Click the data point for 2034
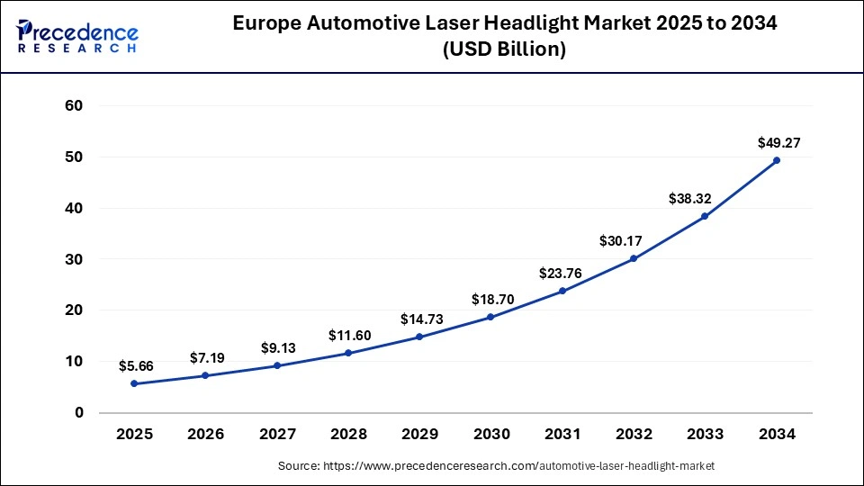pos(777,160)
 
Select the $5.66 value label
pos(135,366)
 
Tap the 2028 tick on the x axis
pos(348,435)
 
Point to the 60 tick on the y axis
pos(74,105)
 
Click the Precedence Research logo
pos(76,36)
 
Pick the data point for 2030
pos(490,317)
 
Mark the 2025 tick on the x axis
pos(135,435)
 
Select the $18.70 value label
pos(490,299)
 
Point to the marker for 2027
pos(277,365)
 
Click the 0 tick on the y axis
pos(79,413)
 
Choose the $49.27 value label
pos(777,142)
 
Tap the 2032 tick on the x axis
pos(634,435)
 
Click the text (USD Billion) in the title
pos(504,50)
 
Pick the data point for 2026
pos(206,375)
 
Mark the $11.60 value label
pos(348,335)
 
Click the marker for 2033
pos(705,216)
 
